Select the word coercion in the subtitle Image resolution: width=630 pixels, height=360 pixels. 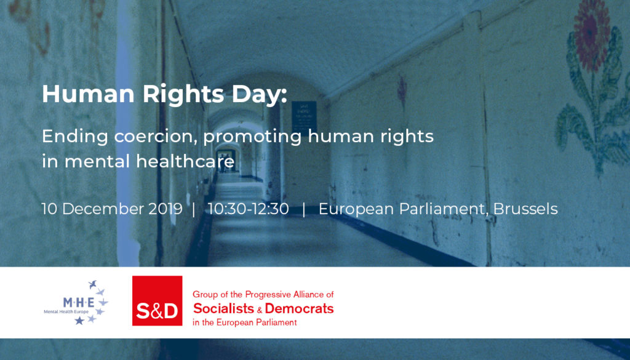[x=155, y=136]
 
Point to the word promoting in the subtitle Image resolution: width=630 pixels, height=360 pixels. [x=252, y=137]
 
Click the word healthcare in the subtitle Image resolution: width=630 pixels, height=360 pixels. [x=185, y=161]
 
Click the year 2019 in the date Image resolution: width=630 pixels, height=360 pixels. [x=165, y=209]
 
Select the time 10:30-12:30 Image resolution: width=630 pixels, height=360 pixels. [x=248, y=209]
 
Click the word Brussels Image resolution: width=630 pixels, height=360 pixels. [x=525, y=209]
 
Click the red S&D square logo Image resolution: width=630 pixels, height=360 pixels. [x=157, y=300]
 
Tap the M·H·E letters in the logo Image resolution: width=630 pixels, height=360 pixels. [x=79, y=302]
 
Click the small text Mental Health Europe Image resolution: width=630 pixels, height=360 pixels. [x=66, y=312]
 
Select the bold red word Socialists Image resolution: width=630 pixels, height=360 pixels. [x=223, y=308]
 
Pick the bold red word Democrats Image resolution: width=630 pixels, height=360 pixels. [x=300, y=308]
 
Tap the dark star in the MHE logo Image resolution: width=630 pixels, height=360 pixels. [x=79, y=320]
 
